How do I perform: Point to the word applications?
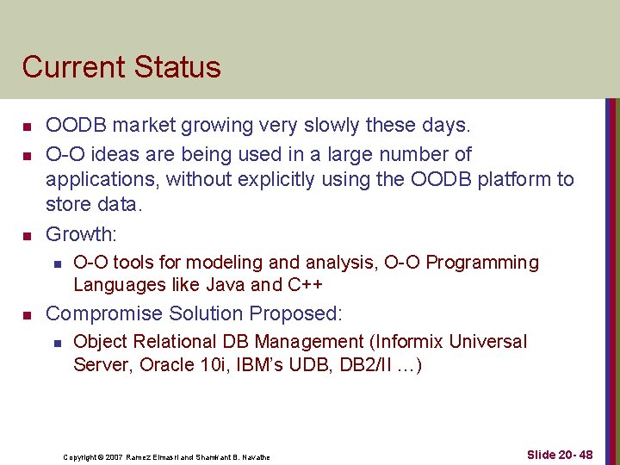[102, 179]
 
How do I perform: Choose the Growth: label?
[80, 234]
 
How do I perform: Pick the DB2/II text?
[365, 364]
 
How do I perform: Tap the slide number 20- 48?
[573, 454]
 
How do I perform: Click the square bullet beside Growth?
[27, 235]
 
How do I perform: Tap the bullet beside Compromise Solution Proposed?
[27, 314]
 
